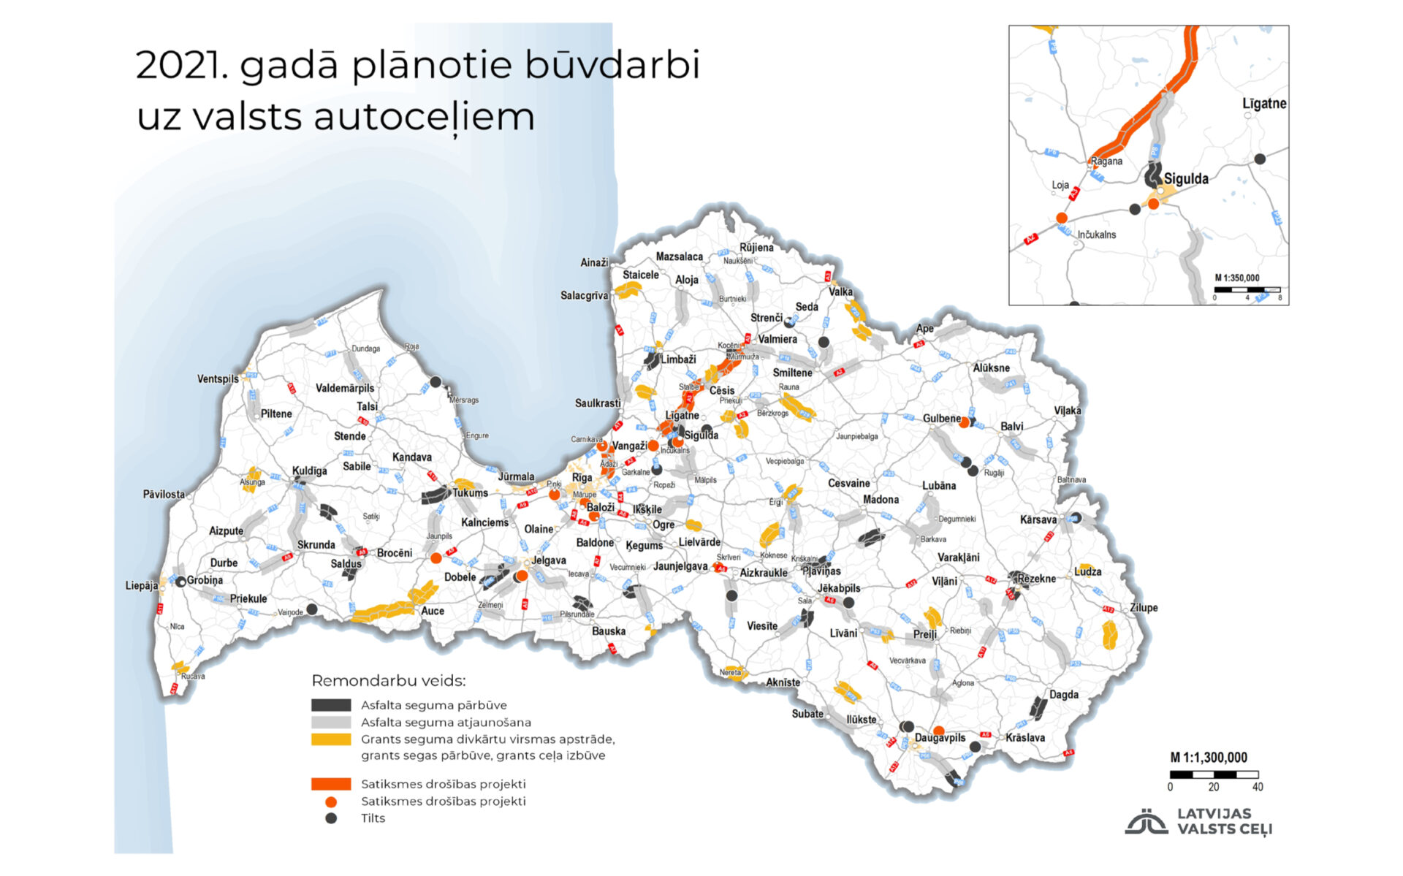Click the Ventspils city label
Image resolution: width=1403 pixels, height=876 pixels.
[218, 378]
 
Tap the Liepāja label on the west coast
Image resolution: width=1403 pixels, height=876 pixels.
[141, 585]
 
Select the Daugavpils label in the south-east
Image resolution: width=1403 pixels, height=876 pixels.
[940, 738]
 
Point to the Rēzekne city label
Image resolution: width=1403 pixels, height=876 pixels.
[1036, 578]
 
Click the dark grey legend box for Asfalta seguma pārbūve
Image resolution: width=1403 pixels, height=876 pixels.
[331, 705]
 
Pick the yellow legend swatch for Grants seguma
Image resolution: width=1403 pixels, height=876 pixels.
[331, 739]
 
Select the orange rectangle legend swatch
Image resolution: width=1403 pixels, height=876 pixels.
[331, 784]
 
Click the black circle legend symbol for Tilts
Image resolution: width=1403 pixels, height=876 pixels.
[331, 818]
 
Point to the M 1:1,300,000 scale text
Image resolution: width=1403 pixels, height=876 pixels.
[1209, 758]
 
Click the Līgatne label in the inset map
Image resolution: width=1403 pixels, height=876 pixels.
[1264, 104]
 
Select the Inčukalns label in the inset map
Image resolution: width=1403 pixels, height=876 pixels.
[1096, 235]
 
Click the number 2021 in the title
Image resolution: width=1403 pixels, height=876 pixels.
[182, 66]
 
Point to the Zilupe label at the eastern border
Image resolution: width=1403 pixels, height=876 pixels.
[1143, 607]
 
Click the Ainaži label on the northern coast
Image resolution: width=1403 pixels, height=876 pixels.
[594, 262]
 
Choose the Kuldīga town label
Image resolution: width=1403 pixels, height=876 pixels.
[309, 471]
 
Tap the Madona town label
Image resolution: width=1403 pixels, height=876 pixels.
[881, 500]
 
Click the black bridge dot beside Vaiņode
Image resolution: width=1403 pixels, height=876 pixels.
[312, 609]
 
